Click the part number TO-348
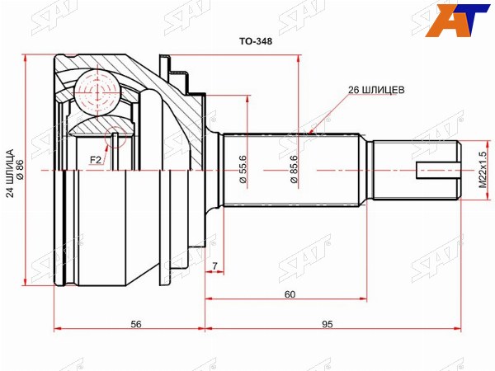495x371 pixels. tap(256, 41)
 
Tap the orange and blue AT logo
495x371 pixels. tap(457, 20)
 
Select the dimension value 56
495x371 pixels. tap(136, 324)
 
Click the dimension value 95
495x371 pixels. tap(328, 324)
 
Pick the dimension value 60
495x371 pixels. tap(290, 294)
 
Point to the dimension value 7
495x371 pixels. tap(214, 266)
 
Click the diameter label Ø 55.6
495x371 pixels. tap(243, 169)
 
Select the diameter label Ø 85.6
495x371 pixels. tap(293, 169)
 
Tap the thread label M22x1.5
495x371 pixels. tap(483, 170)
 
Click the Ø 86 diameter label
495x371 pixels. tap(20, 169)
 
